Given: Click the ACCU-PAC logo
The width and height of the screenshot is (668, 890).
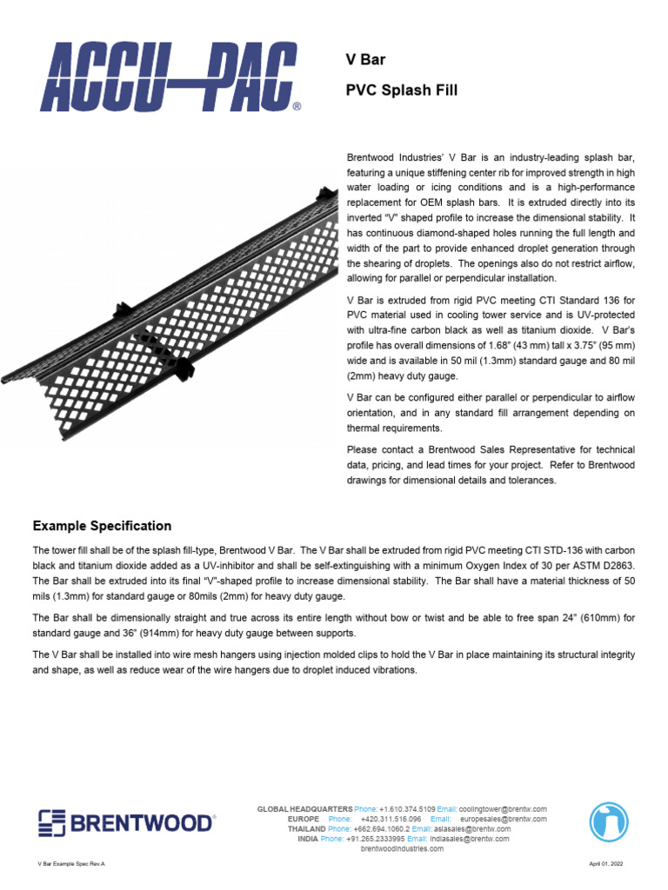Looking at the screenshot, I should [166, 79].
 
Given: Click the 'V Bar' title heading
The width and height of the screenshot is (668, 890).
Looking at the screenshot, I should [366, 60].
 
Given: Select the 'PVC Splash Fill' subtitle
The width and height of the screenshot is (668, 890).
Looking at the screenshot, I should [401, 90].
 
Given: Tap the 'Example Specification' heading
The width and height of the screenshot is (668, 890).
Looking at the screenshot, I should [102, 526].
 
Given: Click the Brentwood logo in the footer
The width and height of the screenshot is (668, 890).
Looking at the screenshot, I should [125, 822].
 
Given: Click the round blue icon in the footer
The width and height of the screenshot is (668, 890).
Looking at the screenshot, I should [609, 822].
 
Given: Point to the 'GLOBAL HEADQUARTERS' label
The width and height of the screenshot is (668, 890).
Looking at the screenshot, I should [304, 809].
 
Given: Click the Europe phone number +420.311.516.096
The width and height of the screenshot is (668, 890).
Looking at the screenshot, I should [390, 819].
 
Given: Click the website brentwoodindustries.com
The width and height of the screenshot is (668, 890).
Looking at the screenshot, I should [402, 848].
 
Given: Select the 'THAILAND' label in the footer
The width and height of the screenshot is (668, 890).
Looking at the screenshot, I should [306, 829].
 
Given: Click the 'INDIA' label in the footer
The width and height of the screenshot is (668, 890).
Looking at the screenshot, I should [308, 839].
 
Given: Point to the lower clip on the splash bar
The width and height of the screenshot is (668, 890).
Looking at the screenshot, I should [182, 369].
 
